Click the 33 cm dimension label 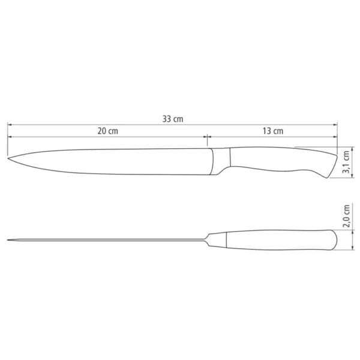click(173, 119)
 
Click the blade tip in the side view click(9, 158)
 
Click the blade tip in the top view click(9, 241)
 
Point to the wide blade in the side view click(108, 160)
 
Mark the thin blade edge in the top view click(108, 241)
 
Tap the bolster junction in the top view click(210, 241)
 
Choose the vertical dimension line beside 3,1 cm click(336, 162)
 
